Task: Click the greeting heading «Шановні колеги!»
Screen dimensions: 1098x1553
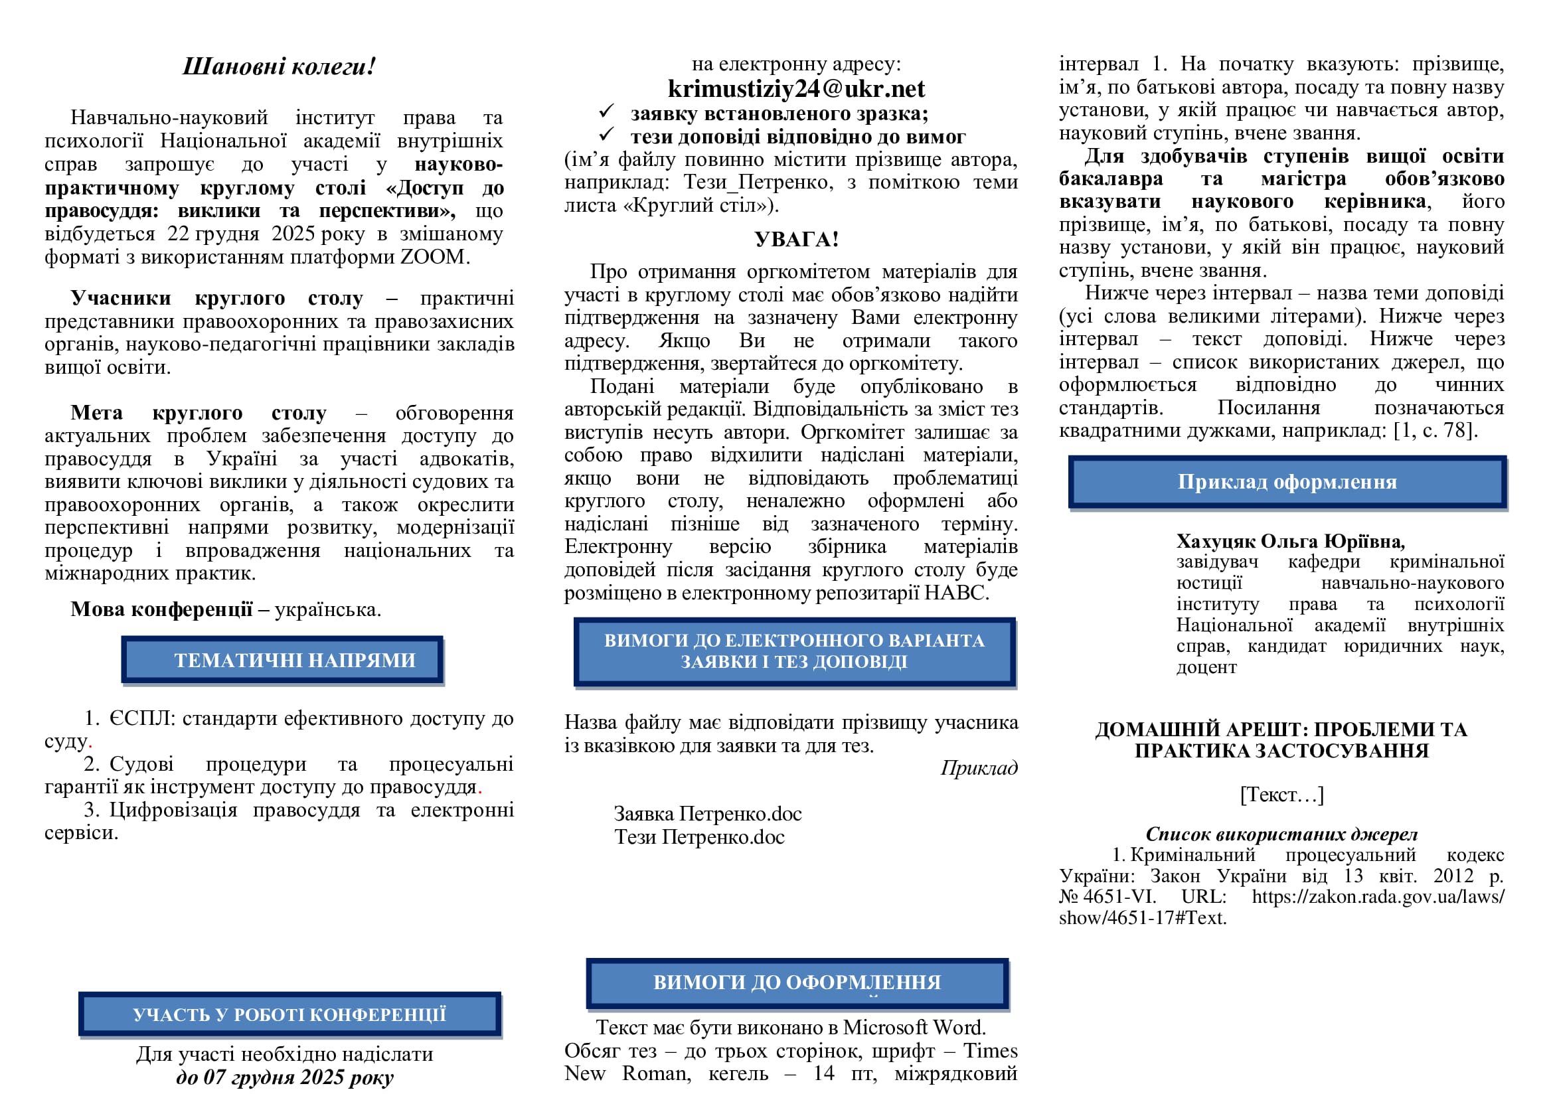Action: (x=279, y=66)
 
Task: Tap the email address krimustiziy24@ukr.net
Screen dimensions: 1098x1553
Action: (x=795, y=88)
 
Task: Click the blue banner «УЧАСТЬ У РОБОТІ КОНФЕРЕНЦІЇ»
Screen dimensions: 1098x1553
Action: (x=289, y=1014)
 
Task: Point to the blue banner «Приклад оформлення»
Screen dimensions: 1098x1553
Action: (x=1287, y=481)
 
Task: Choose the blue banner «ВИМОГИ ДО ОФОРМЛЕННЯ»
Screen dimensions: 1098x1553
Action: (x=797, y=982)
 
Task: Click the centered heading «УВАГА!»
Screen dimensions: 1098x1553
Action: (x=796, y=239)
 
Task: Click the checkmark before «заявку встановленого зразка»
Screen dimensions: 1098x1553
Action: (x=606, y=111)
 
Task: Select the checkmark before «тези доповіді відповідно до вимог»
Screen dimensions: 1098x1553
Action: (x=606, y=134)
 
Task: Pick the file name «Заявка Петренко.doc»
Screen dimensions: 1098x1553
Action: (x=708, y=813)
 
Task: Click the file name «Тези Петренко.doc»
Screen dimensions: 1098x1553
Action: (x=698, y=837)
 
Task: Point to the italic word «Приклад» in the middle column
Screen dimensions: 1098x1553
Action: (x=979, y=767)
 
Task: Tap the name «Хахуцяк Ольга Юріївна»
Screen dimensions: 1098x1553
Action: (x=1290, y=541)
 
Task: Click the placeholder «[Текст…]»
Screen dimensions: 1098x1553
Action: (x=1281, y=794)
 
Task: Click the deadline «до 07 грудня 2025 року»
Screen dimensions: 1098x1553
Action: (x=284, y=1076)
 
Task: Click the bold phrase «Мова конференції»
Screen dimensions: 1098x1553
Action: (x=161, y=609)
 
